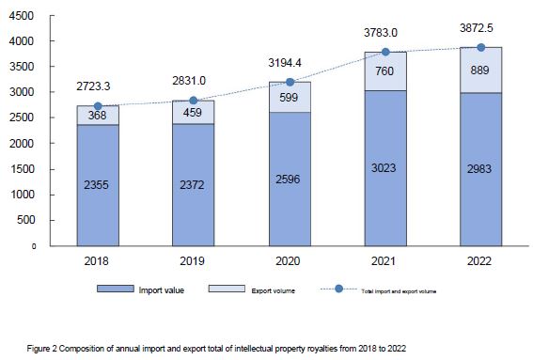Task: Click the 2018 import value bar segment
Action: (98, 185)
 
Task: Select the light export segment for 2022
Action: (480, 70)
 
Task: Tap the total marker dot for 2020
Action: (290, 82)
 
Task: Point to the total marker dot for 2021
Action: (385, 52)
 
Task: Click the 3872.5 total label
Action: (477, 28)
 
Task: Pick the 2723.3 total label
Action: (93, 86)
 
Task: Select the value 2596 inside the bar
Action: (288, 180)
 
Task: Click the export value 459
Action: (193, 113)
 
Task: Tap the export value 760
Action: (384, 71)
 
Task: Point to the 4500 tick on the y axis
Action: (22, 16)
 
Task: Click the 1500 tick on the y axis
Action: (22, 169)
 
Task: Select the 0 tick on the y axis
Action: (34, 246)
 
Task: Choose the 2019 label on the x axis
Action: (192, 261)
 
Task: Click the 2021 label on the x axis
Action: (384, 261)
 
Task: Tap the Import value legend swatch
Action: (116, 289)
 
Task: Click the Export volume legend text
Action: (273, 291)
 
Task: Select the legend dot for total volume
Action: (338, 289)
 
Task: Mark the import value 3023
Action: (384, 168)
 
